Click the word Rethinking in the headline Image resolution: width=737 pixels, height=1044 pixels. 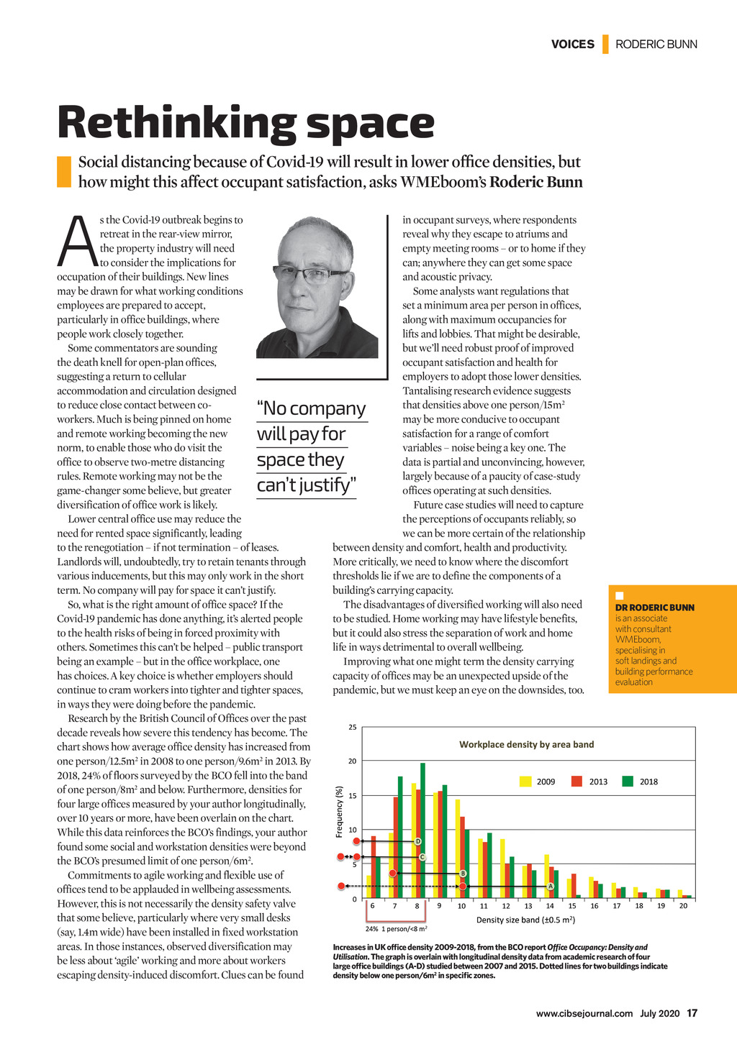pos(176,124)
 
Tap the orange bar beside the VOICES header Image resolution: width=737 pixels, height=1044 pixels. pos(605,44)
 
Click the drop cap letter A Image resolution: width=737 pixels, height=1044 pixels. pos(77,242)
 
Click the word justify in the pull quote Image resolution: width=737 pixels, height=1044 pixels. pos(320,485)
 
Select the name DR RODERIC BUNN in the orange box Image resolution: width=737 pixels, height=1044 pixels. pos(655,608)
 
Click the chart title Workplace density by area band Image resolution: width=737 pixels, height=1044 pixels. pos(526,744)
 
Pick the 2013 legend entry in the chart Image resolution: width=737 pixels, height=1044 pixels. pos(597,782)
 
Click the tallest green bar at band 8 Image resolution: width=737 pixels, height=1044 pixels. pos(423,830)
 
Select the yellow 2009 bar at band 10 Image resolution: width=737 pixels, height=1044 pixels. pos(458,848)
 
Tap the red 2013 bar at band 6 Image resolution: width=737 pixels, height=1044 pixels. pos(373,866)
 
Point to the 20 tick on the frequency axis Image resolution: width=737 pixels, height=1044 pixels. pos(353,761)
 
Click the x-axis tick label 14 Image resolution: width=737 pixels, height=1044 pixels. pos(550,906)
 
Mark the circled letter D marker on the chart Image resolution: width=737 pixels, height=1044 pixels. pos(417,841)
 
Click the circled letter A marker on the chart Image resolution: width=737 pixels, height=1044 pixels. pos(550,886)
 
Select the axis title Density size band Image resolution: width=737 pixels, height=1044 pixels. pos(525,920)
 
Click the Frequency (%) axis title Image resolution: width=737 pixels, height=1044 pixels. pos(339,811)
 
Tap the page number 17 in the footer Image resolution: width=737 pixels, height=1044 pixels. pos(692,1014)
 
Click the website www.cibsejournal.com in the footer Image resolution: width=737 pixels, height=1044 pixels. pos(584,1014)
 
